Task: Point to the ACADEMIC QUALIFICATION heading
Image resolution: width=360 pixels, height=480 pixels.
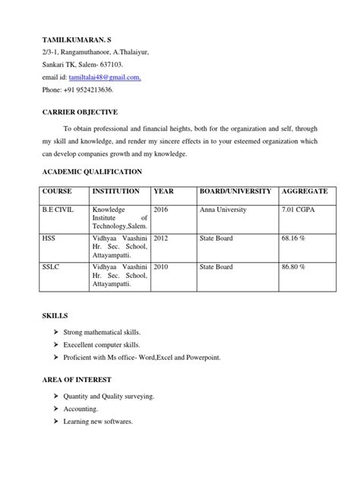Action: click(92, 172)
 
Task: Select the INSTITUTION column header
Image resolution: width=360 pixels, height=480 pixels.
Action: click(115, 191)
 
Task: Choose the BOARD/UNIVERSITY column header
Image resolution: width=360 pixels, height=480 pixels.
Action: click(235, 191)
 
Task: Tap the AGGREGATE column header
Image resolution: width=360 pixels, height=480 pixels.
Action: click(305, 191)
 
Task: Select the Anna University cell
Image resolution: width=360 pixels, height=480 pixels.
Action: click(226, 209)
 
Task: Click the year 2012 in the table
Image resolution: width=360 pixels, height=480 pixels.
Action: click(161, 238)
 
